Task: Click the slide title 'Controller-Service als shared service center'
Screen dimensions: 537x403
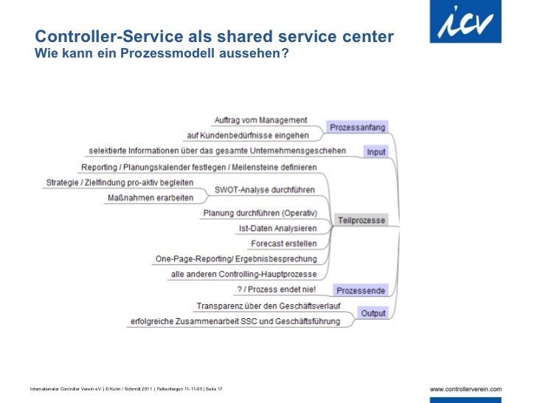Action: [x=214, y=37]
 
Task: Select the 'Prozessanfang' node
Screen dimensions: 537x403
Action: [x=357, y=127]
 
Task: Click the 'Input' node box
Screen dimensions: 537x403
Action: [x=375, y=151]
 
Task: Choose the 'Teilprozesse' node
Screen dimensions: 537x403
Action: [x=361, y=220]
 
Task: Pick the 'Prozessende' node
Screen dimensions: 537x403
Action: [x=360, y=289]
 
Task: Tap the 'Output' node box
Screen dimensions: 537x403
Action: [x=373, y=313]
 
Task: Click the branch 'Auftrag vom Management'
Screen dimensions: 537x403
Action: [x=260, y=120]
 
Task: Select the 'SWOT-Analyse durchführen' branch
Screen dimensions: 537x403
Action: [x=264, y=190]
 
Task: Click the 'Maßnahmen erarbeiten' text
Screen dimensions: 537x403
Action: [x=150, y=198]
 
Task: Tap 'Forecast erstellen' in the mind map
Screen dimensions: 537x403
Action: [x=283, y=244]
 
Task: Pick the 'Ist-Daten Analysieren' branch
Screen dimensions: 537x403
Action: [x=277, y=229]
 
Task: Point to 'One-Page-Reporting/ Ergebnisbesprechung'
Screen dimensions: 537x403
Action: [x=235, y=259]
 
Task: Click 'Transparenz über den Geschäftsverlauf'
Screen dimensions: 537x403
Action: [x=268, y=306]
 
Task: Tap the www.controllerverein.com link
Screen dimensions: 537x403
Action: [x=465, y=388]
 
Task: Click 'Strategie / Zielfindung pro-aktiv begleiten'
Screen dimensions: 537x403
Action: [x=119, y=182]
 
